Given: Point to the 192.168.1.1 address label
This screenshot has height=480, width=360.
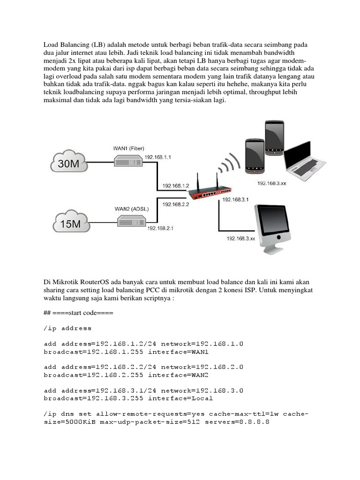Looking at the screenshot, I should point(158,157).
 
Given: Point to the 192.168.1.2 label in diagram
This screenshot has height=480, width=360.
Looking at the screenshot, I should point(175,186).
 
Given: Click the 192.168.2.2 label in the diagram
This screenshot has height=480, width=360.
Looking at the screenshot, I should point(175,204).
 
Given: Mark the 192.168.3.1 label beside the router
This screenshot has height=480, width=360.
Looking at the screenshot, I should point(235,200).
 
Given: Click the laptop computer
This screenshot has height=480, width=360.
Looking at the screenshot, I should point(305,162).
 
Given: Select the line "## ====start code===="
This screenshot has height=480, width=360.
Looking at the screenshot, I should point(78,313).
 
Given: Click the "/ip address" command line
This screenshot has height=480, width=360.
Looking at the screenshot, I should point(68,328).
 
